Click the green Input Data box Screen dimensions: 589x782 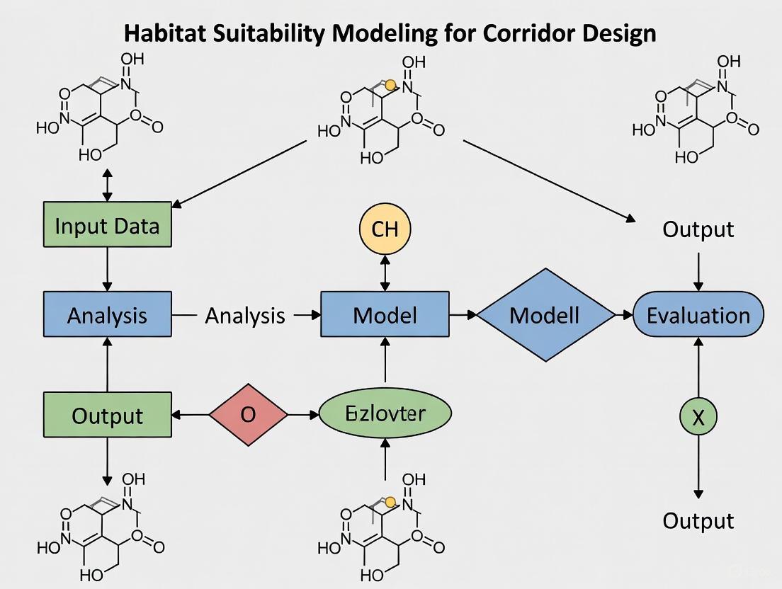107,226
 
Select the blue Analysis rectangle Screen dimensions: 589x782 107,315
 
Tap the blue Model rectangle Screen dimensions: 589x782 385,315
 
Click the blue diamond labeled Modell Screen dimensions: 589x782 545,315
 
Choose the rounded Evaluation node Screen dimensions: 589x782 698,315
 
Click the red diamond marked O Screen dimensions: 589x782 248,415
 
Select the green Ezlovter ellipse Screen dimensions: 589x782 385,413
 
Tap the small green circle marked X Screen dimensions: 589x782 698,417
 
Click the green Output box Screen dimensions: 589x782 107,415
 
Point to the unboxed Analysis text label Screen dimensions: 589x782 245,315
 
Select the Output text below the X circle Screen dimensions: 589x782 698,521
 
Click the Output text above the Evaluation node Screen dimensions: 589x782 698,229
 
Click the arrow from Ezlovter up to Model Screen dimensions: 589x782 385,365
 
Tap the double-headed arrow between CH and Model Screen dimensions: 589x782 385,272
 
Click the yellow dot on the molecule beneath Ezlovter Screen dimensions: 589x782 389,502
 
